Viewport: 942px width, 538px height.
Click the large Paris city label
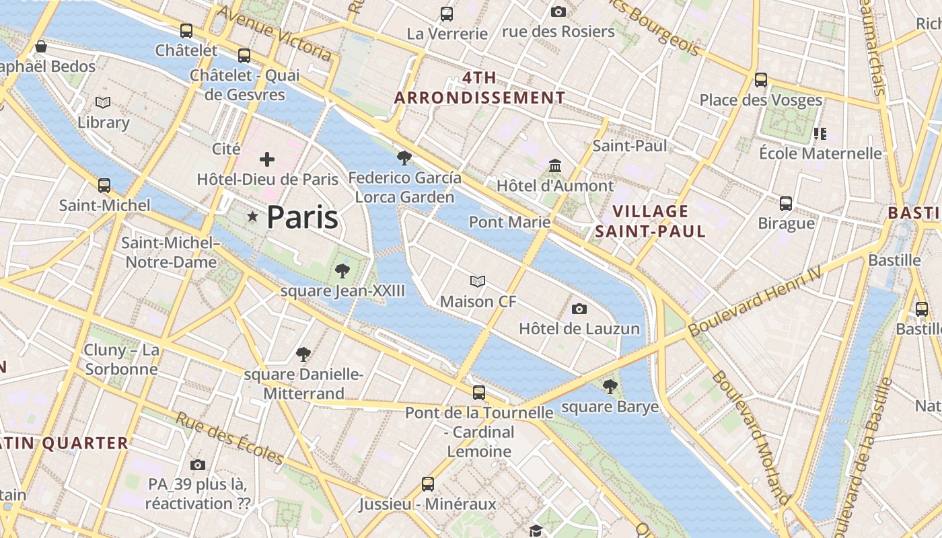[302, 217]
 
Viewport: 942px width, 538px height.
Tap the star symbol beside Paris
[253, 217]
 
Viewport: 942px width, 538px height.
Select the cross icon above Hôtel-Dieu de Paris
[267, 159]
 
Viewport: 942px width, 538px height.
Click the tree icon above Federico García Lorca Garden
[404, 158]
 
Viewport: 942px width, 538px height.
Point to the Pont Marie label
[509, 222]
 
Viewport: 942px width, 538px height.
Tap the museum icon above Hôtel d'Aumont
[555, 165]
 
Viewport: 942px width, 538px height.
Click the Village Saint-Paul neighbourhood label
[650, 221]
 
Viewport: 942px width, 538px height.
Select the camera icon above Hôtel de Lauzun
[579, 309]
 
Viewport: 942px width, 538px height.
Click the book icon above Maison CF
[478, 281]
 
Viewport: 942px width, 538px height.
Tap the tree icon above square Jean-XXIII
[342, 271]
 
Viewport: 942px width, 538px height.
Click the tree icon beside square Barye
[610, 386]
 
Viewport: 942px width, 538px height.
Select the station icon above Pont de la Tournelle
[479, 392]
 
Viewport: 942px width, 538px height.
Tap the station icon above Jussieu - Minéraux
[428, 484]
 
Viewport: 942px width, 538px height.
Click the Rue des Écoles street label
[229, 438]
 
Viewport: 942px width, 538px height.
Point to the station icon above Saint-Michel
[104, 185]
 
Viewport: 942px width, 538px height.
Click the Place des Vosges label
[760, 100]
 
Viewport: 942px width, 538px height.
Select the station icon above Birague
[785, 203]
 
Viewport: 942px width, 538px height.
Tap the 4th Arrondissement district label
[479, 87]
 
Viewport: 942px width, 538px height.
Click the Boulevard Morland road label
[751, 437]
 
